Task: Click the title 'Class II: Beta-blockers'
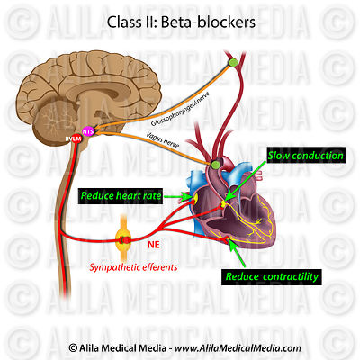pos(180,20)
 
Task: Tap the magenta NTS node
pos(87,131)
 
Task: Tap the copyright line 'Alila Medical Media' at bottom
pos(180,347)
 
